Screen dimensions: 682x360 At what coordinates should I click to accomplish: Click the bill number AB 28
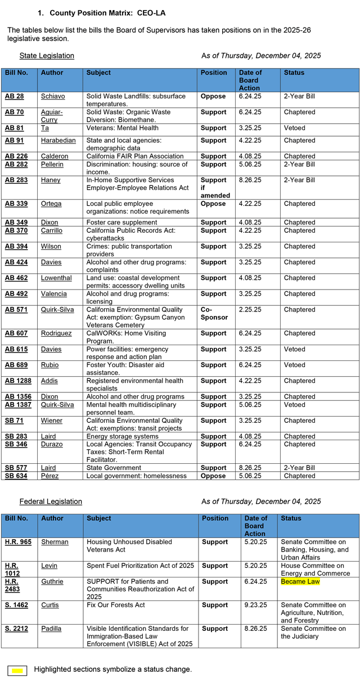15,96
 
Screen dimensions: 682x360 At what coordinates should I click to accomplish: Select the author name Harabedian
59,140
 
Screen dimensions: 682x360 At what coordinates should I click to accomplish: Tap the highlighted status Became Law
300,581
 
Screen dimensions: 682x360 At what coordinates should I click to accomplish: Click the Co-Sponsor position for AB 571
214,313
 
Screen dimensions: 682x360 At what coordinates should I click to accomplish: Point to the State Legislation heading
47,56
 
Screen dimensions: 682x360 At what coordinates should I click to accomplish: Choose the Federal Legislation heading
51,502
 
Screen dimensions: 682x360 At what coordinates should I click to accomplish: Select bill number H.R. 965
18,542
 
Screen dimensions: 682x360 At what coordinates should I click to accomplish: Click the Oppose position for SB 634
213,476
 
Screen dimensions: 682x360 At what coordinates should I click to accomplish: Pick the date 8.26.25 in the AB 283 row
249,180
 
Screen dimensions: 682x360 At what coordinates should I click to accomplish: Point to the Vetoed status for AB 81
295,128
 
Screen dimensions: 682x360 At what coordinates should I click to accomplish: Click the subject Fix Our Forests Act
115,605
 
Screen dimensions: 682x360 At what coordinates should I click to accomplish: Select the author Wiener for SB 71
52,421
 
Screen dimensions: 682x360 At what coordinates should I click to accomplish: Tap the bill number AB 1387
18,405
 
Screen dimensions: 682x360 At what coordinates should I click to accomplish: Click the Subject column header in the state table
98,73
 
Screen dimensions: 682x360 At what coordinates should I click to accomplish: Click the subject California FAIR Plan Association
135,156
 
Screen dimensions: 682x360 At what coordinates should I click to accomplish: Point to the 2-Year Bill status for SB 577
299,468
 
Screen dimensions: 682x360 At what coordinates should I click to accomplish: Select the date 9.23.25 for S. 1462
255,605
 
